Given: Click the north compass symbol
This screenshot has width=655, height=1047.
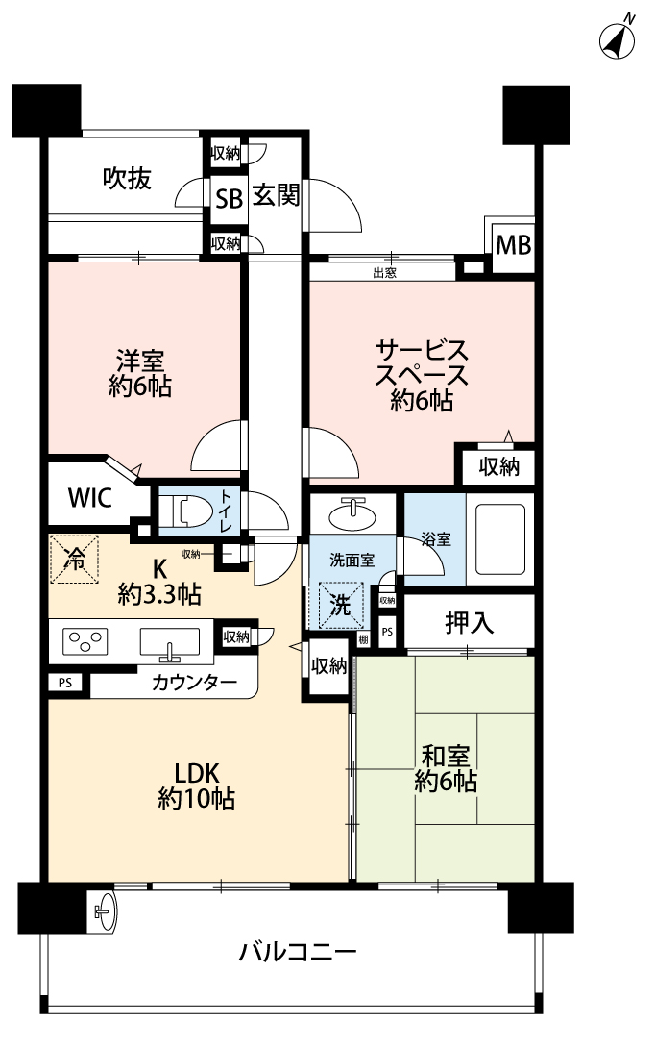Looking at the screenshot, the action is point(618,38).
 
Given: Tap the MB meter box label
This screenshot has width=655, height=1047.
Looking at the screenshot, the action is point(514,245).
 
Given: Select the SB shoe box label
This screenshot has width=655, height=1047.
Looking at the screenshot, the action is point(229,199).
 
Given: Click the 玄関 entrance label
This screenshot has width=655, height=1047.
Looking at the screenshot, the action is point(276,195).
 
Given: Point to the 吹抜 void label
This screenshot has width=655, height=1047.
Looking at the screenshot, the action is point(127,178).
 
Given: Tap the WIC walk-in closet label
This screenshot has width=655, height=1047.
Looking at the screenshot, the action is point(90,497).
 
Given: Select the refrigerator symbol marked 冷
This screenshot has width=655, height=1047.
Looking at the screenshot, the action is point(74,560).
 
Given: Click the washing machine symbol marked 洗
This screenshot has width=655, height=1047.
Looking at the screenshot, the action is point(340,606).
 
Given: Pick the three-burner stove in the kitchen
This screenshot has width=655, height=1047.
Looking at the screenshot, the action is point(85,641).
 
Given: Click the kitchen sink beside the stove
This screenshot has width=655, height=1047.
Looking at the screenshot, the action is point(169,644).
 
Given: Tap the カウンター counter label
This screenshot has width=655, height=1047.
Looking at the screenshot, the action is point(194,683).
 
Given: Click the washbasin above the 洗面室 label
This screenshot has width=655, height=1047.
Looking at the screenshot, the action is point(353,513).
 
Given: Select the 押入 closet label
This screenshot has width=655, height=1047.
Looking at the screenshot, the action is point(470,623).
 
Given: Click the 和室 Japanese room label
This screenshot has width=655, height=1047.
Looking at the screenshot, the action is point(445,757).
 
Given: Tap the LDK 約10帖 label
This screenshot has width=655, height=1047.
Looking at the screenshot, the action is point(196,785).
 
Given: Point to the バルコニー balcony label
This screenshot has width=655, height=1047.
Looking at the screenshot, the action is point(298,951).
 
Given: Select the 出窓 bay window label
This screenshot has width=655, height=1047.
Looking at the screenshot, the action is point(384,272).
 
